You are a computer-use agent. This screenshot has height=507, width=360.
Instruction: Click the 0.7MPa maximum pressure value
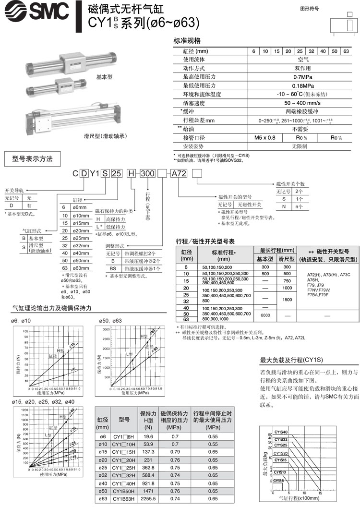coord(301,76)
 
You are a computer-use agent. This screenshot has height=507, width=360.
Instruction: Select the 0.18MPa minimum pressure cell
coord(301,85)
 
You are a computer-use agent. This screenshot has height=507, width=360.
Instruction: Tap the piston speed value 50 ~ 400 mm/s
coord(301,103)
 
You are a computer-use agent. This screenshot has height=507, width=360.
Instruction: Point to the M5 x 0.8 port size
coord(264,137)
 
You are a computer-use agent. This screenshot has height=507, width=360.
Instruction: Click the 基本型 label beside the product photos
coord(104,77)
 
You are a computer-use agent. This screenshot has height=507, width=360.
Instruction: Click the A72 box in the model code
coord(178,174)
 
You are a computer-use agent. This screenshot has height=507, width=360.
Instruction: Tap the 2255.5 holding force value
coord(148,499)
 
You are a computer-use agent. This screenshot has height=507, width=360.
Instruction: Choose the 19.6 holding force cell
coord(148,436)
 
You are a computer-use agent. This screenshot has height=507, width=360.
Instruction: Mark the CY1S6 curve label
coord(279,480)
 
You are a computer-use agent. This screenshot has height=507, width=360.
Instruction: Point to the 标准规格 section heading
coord(187,41)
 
